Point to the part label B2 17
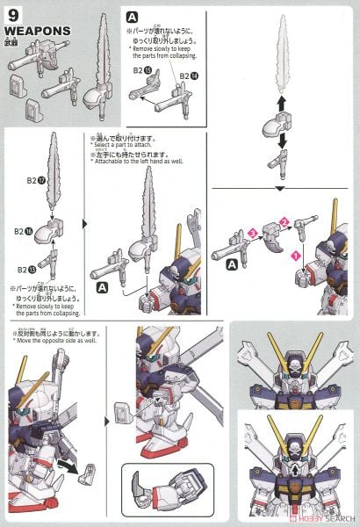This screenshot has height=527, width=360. [x=36, y=180]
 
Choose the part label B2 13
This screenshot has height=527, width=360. [x=36, y=270]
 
